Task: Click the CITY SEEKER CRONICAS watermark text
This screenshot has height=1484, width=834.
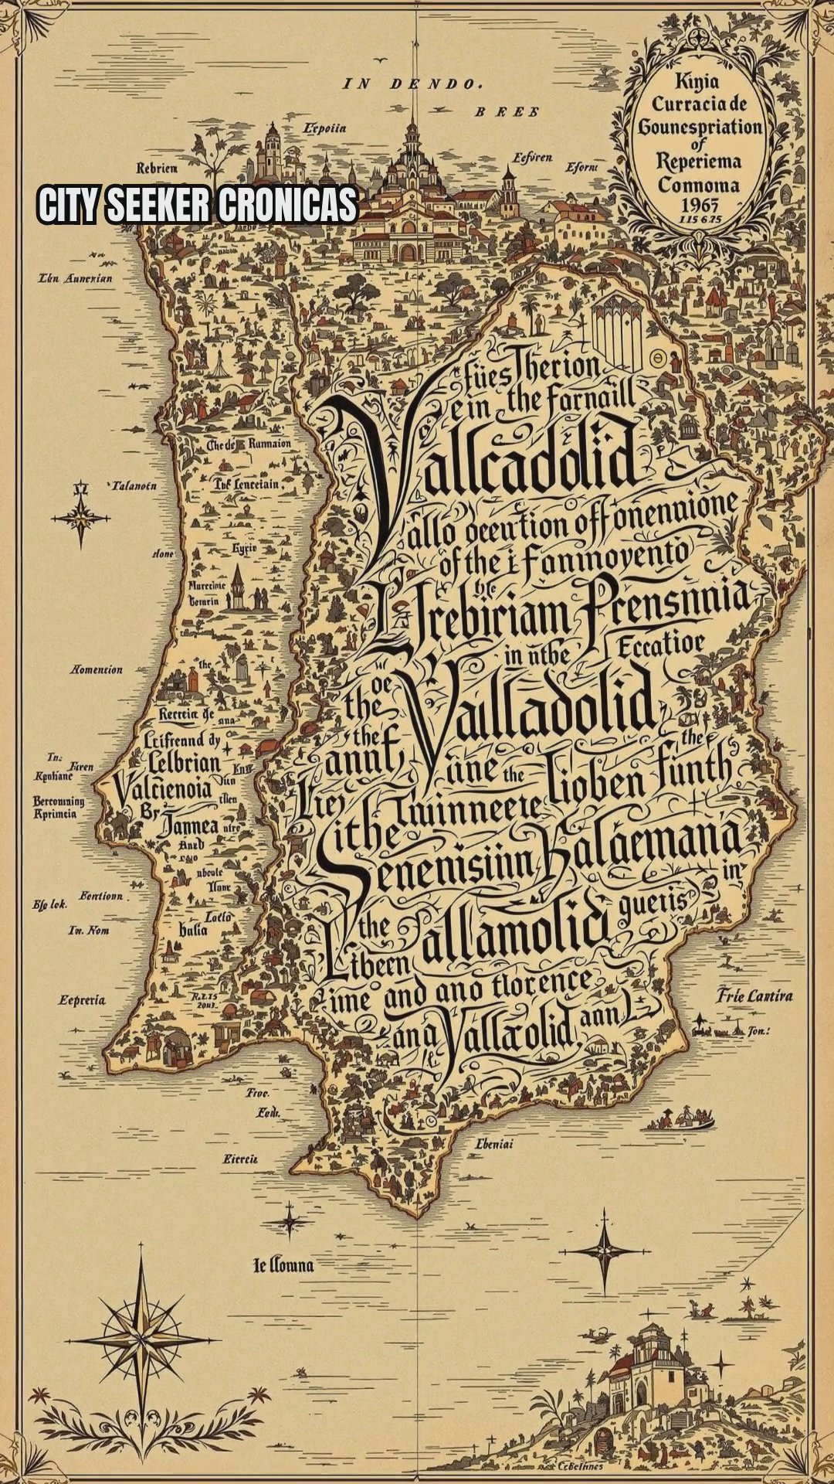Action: pos(198,205)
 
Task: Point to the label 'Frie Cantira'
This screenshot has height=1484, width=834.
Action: pos(754,995)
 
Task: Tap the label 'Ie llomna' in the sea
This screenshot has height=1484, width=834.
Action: pos(283,1265)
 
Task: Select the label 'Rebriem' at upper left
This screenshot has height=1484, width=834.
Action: pos(157,168)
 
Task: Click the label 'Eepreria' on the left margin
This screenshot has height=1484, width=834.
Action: pos(82,1000)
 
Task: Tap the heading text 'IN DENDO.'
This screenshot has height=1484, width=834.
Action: pos(412,83)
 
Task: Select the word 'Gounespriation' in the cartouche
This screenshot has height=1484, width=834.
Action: pos(699,126)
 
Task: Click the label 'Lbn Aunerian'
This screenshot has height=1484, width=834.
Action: pos(75,277)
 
